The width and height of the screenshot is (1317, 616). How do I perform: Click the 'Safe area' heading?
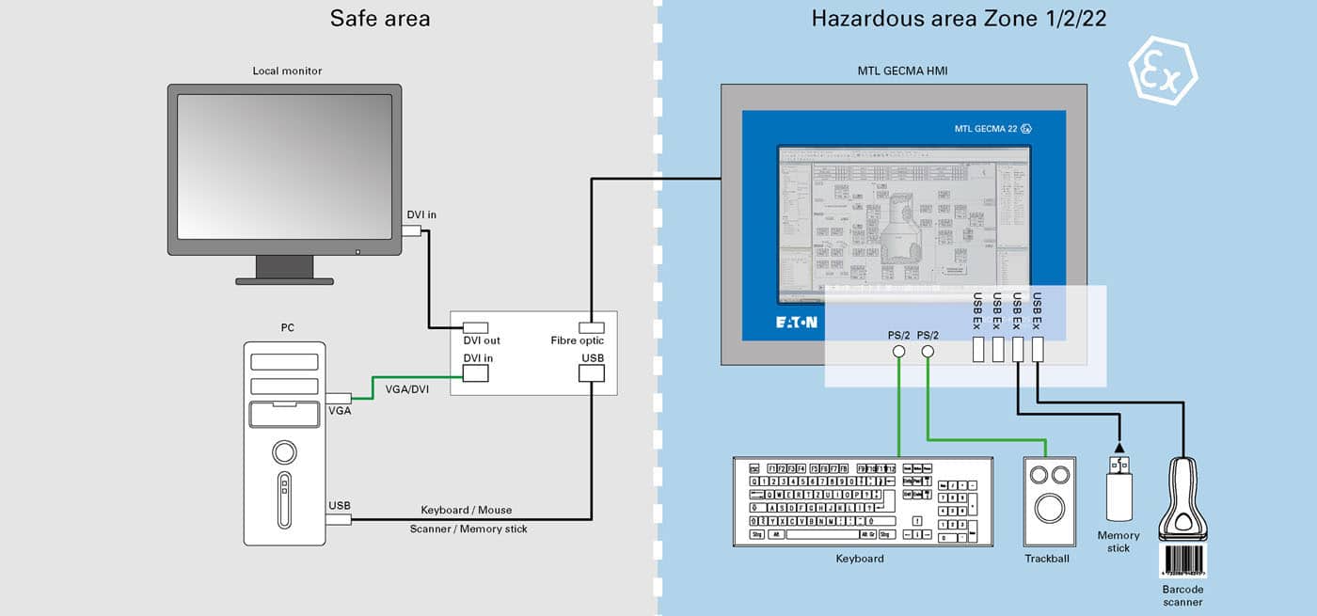pyautogui.click(x=380, y=18)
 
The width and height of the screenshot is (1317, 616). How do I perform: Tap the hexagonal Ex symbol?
pyautogui.click(x=1163, y=71)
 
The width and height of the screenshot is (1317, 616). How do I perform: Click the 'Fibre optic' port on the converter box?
pyautogui.click(x=591, y=327)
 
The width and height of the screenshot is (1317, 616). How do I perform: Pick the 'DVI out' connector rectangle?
pyautogui.click(x=476, y=327)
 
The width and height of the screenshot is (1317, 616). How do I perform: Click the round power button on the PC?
pyautogui.click(x=284, y=452)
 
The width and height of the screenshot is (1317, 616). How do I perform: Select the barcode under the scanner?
pyautogui.click(x=1182, y=561)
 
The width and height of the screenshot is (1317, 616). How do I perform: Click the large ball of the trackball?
pyautogui.click(x=1048, y=509)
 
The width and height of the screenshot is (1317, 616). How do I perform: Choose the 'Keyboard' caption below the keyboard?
pyautogui.click(x=860, y=559)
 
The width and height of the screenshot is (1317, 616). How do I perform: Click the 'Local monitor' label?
pyautogui.click(x=287, y=71)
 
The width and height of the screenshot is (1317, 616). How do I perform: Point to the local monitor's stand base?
pyautogui.click(x=284, y=280)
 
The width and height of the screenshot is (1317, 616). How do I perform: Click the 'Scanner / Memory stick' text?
pyautogui.click(x=468, y=529)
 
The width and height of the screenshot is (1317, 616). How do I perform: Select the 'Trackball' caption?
pyautogui.click(x=1047, y=559)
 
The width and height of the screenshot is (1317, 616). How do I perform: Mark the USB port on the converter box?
pyautogui.click(x=591, y=373)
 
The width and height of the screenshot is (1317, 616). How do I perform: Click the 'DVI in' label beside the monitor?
pyautogui.click(x=421, y=214)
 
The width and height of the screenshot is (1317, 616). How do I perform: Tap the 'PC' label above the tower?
pyautogui.click(x=287, y=327)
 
